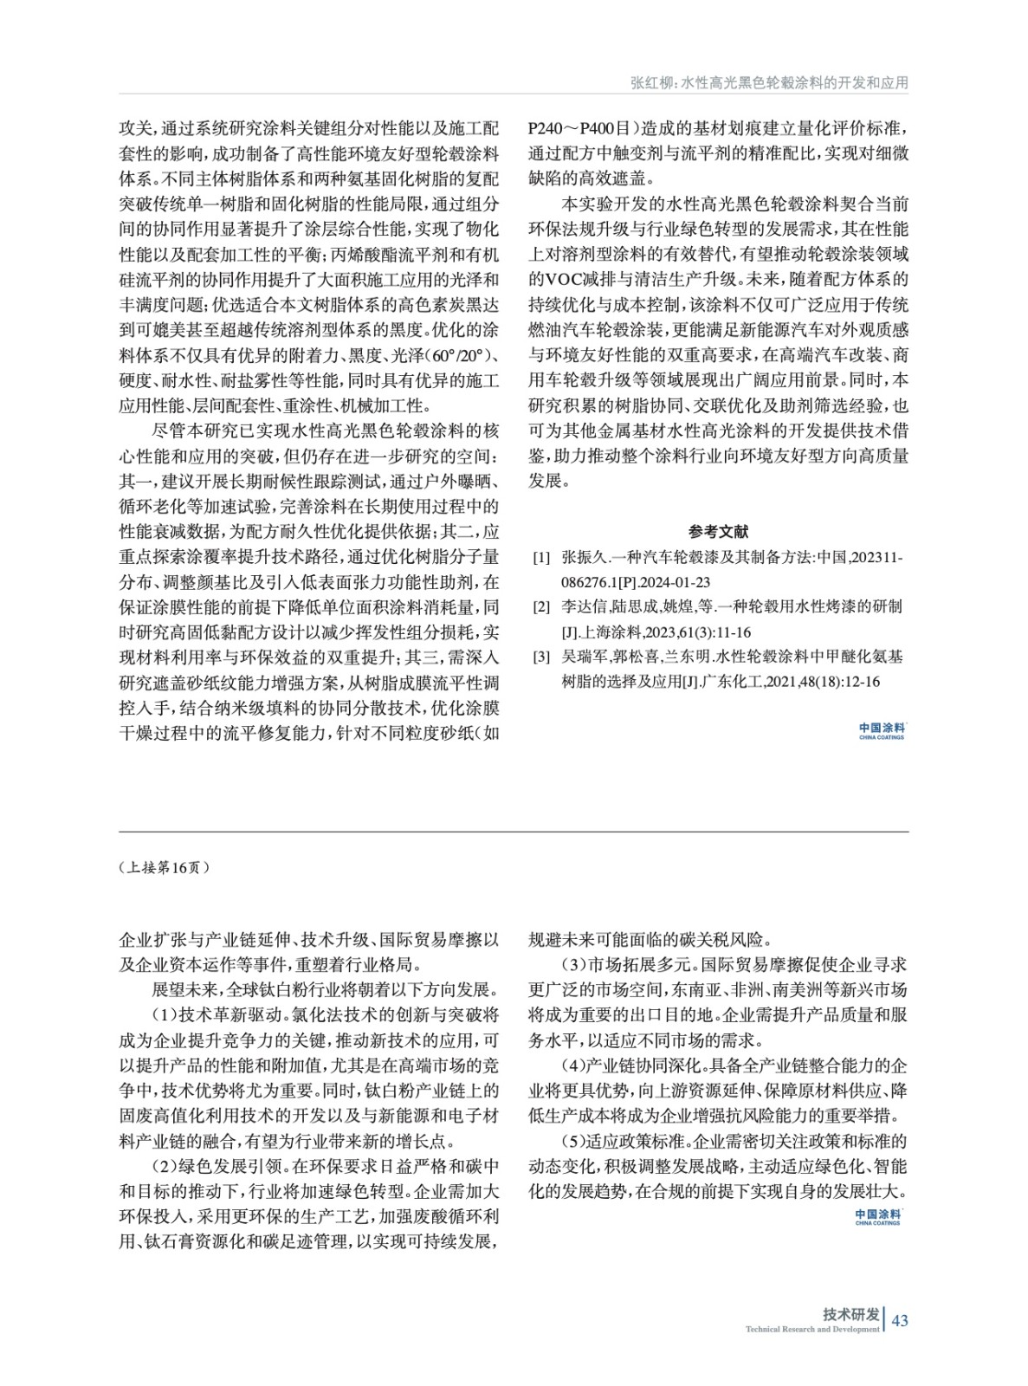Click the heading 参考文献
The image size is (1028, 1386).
(x=718, y=531)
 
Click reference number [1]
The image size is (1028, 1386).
(x=540, y=558)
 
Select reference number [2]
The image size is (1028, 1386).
(x=540, y=607)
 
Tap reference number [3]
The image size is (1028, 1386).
(x=540, y=657)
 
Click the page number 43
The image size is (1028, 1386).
(x=900, y=1320)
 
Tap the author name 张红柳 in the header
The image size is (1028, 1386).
(x=652, y=83)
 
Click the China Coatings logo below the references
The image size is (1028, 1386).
(x=882, y=731)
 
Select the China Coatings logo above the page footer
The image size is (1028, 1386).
(x=877, y=1217)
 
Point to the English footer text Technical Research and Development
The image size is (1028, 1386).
(x=811, y=1329)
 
